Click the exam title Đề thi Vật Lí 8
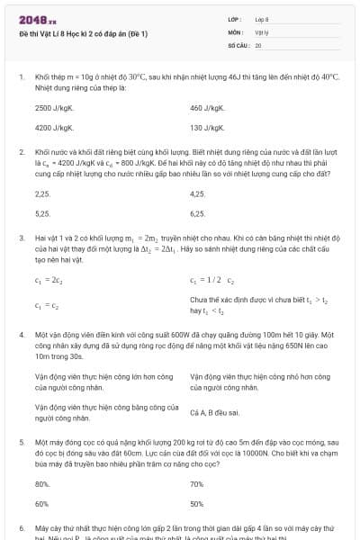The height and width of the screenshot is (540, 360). (x=76, y=33)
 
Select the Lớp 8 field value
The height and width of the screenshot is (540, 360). (x=262, y=19)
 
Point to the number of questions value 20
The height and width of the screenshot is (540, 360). (x=258, y=44)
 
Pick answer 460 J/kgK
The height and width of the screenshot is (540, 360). (x=207, y=108)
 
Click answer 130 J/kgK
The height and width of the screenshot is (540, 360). (x=207, y=128)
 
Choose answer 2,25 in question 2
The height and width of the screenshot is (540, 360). (x=42, y=193)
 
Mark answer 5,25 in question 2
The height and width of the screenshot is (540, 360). (x=42, y=213)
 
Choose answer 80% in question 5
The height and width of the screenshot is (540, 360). (x=41, y=484)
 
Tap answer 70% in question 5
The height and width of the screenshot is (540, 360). (x=197, y=484)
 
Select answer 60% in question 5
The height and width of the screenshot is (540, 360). (x=41, y=504)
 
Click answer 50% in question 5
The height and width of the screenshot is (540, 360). (x=197, y=504)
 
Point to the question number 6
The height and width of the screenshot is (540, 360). (x=21, y=526)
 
